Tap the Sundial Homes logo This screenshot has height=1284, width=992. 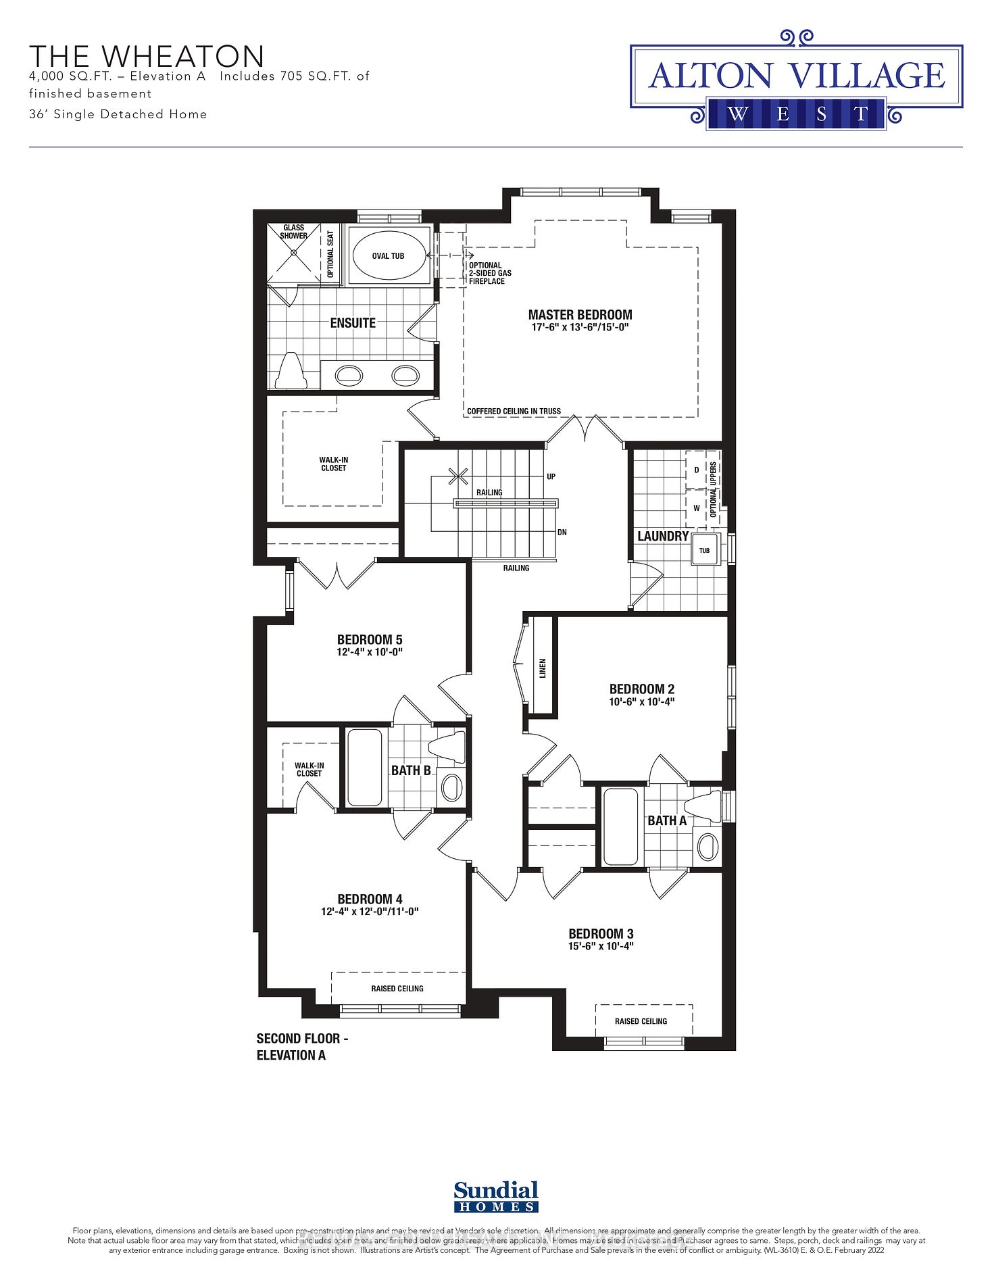point(496,1197)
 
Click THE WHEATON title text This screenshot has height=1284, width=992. point(147,56)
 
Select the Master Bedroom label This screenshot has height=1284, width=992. point(580,315)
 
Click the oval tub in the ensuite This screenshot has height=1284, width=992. point(389,256)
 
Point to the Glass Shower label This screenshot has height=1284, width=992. point(294,232)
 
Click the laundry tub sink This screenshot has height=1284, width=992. point(705,549)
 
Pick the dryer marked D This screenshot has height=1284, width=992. point(697,470)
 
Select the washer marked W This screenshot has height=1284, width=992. point(697,508)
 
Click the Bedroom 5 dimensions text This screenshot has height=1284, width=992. point(370,652)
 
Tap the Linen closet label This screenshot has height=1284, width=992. point(543,668)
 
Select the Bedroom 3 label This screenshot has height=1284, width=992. point(601,934)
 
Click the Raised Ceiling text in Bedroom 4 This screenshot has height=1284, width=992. point(397,989)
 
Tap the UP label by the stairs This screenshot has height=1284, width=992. point(551,476)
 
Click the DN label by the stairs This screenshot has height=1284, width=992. point(562,533)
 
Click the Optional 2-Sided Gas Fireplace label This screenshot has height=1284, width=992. point(490,273)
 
